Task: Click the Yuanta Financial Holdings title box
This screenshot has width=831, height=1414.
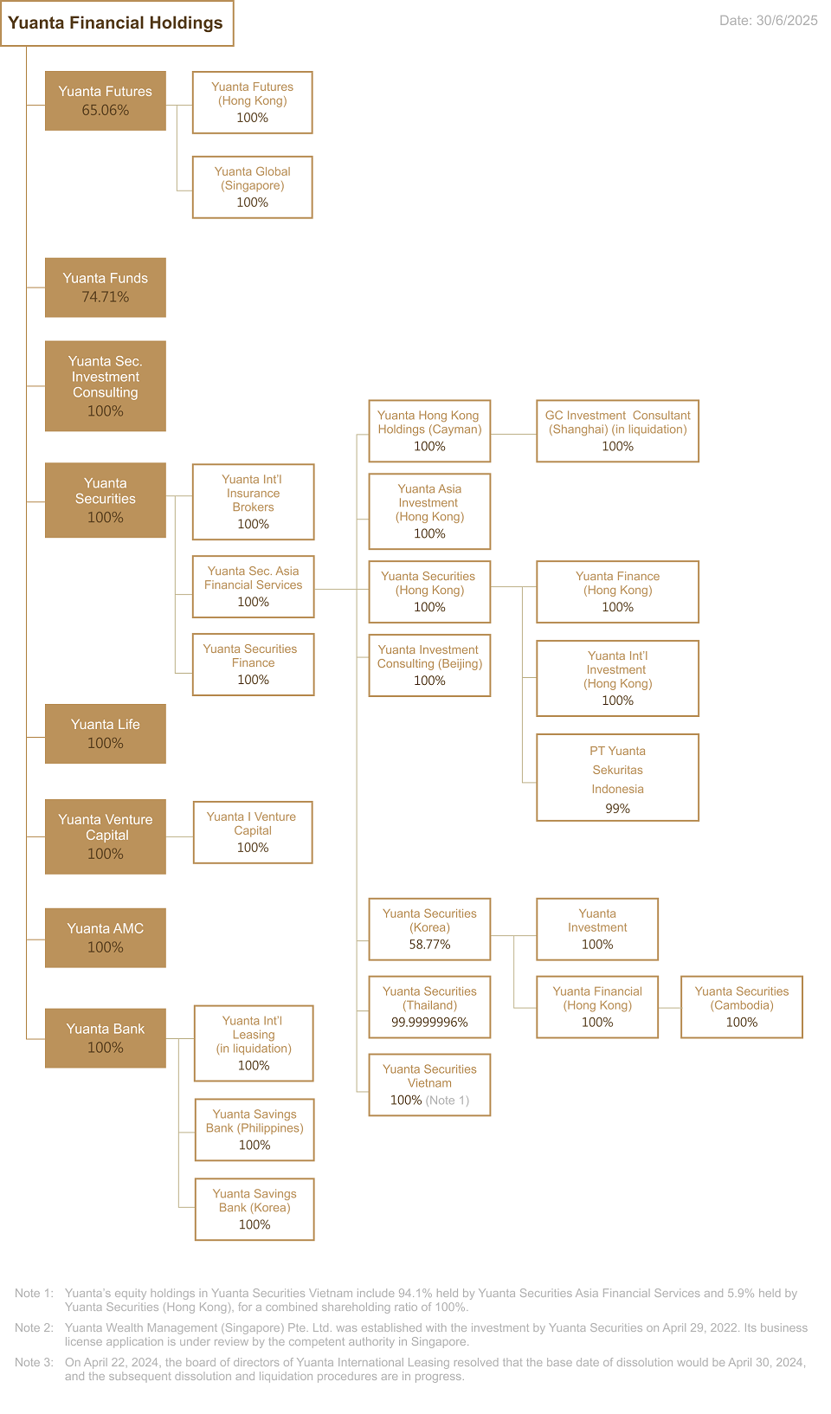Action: pyautogui.click(x=117, y=23)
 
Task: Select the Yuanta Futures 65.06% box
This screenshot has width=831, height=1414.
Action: pyautogui.click(x=106, y=101)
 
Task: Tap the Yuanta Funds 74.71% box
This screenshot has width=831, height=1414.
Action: pyautogui.click(x=106, y=287)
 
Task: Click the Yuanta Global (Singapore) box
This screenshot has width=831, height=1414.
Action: pyautogui.click(x=253, y=188)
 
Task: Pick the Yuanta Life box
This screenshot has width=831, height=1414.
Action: pyautogui.click(x=106, y=733)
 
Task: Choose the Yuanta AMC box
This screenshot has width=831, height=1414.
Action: pyautogui.click(x=106, y=938)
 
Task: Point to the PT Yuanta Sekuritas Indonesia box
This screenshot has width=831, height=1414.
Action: pyautogui.click(x=617, y=777)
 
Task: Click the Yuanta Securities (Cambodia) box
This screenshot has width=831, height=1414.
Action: pyautogui.click(x=741, y=1007)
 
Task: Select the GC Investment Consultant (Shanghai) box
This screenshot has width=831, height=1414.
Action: pyautogui.click(x=617, y=431)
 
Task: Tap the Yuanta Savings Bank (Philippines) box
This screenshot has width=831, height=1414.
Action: pyautogui.click(x=254, y=1129)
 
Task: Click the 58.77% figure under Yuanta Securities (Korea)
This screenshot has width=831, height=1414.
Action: pyautogui.click(x=429, y=945)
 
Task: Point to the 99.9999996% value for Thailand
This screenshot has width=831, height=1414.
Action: pyautogui.click(x=429, y=1022)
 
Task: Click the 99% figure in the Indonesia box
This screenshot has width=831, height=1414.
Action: pyautogui.click(x=617, y=808)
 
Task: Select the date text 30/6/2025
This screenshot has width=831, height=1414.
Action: pyautogui.click(x=787, y=20)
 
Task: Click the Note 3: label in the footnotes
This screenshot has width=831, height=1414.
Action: pyautogui.click(x=34, y=1362)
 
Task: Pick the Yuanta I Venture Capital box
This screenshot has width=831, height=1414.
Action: pyautogui.click(x=253, y=833)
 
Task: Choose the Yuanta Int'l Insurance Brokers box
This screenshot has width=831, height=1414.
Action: pyautogui.click(x=253, y=502)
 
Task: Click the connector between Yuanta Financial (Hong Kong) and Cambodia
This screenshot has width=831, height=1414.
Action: pyautogui.click(x=669, y=1008)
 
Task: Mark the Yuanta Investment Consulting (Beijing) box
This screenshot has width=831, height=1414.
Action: pyautogui.click(x=429, y=665)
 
